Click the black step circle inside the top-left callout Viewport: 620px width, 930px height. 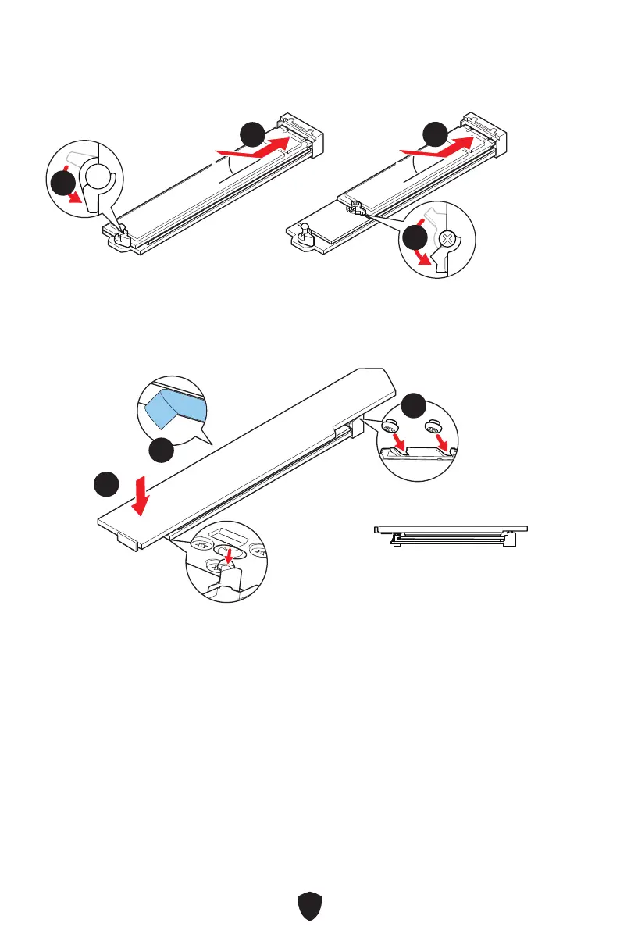tap(61, 186)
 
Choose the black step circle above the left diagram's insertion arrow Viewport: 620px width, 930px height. tap(251, 134)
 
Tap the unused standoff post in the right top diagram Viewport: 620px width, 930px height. tap(306, 231)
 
